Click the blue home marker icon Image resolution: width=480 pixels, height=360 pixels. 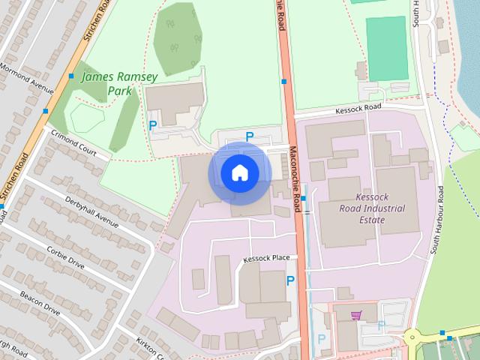pyautogui.click(x=239, y=172)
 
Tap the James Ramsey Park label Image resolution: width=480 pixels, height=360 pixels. pyautogui.click(x=108, y=83)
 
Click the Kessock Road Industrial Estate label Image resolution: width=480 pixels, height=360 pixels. pyautogui.click(x=372, y=208)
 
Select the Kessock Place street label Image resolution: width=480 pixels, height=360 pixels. pyautogui.click(x=266, y=259)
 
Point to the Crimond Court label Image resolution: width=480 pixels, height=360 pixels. pyautogui.click(x=75, y=142)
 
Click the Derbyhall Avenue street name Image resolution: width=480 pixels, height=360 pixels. pyautogui.click(x=92, y=212)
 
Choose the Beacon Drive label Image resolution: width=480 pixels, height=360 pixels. pyautogui.click(x=40, y=301)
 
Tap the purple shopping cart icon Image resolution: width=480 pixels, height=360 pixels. pyautogui.click(x=355, y=314)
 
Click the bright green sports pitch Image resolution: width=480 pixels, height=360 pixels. pyautogui.click(x=386, y=49)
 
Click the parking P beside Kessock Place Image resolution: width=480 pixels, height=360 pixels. pyautogui.click(x=290, y=280)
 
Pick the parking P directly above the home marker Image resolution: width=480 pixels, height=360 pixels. pyautogui.click(x=250, y=136)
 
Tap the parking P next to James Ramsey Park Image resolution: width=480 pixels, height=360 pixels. pyautogui.click(x=153, y=125)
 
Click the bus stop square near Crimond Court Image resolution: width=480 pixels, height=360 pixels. pyautogui.click(x=46, y=111)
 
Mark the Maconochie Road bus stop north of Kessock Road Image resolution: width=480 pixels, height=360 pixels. pyautogui.click(x=284, y=81)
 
